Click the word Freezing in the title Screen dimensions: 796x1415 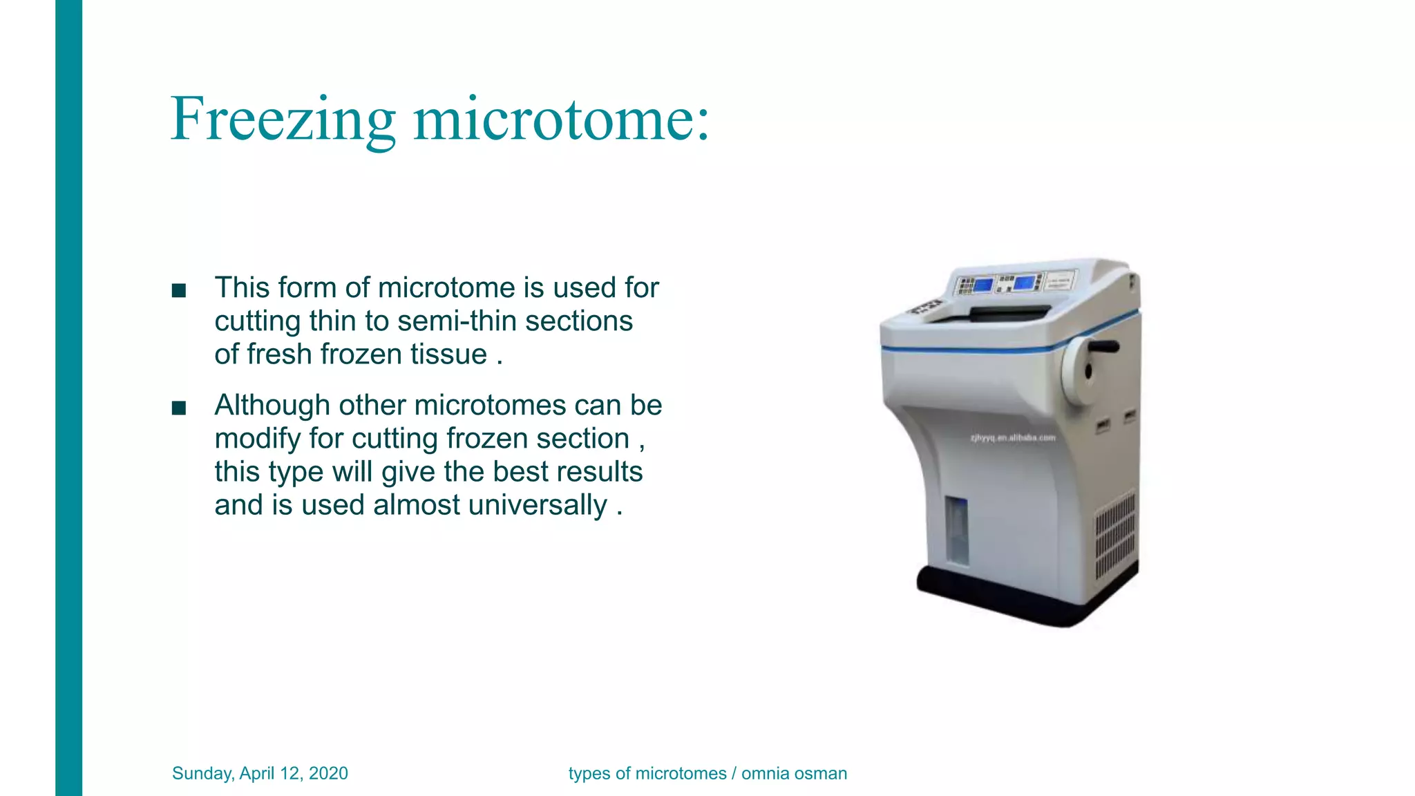[x=282, y=120]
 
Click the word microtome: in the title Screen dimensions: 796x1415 [x=561, y=120]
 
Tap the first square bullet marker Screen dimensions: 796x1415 [x=179, y=291]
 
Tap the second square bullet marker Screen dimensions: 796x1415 [x=179, y=408]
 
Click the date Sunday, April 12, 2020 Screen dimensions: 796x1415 [x=260, y=773]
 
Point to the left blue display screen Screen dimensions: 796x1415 [x=983, y=284]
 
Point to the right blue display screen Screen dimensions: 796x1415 [x=1024, y=282]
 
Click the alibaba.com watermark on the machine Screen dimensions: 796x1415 [x=1013, y=437]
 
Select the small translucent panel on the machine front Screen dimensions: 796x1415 [x=956, y=529]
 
